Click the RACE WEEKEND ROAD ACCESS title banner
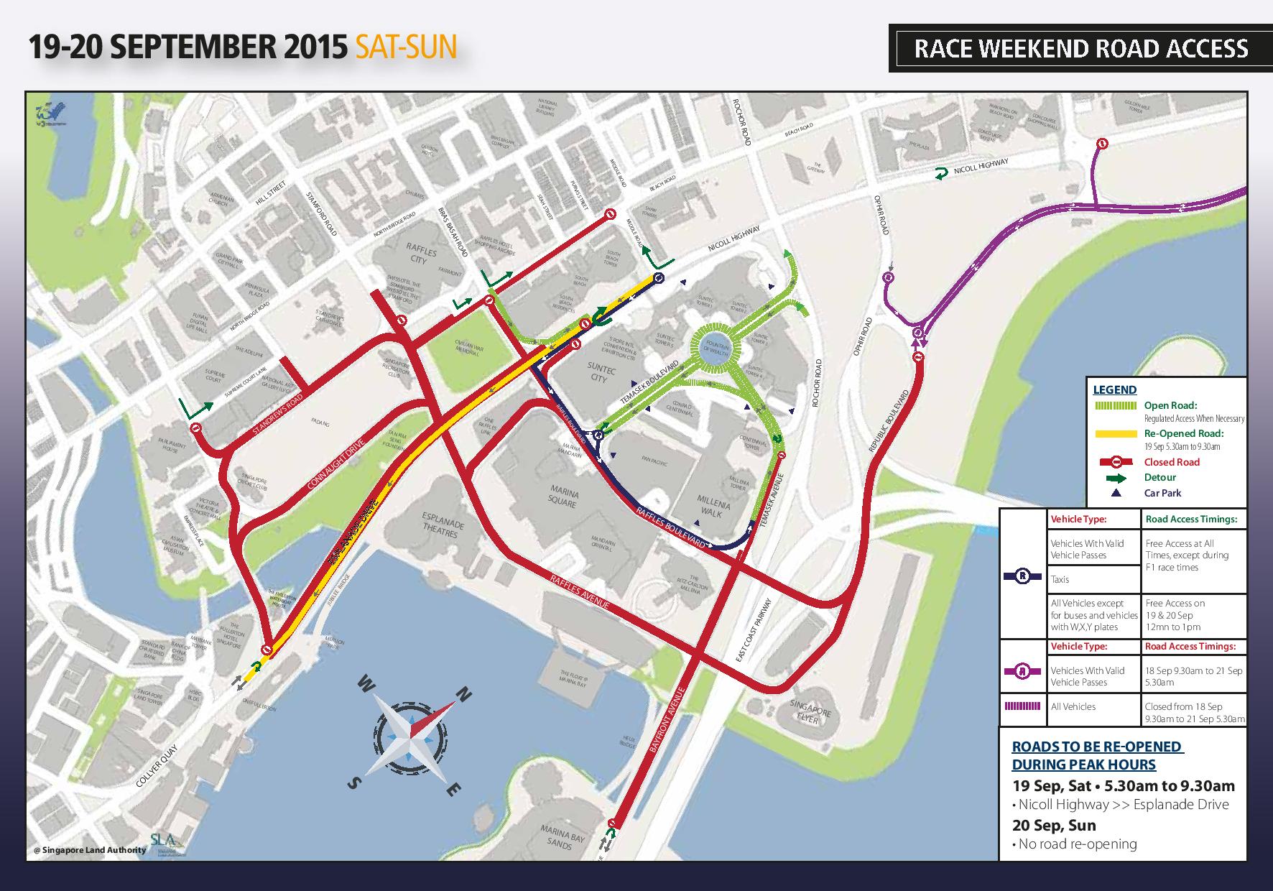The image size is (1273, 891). tap(1080, 48)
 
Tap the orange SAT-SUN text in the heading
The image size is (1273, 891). tap(405, 47)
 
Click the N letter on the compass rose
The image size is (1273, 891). tap(464, 695)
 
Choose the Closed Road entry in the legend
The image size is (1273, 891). tap(1172, 462)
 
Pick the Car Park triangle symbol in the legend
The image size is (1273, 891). tap(1115, 493)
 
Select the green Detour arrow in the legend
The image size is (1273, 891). tap(1114, 478)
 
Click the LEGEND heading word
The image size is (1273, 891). tap(1114, 390)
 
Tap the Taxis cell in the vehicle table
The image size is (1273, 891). tap(1060, 579)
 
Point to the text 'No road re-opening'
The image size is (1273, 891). tap(1078, 844)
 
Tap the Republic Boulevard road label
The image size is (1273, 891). tap(889, 421)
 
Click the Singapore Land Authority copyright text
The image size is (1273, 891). tap(90, 850)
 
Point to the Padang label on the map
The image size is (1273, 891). tap(320, 424)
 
